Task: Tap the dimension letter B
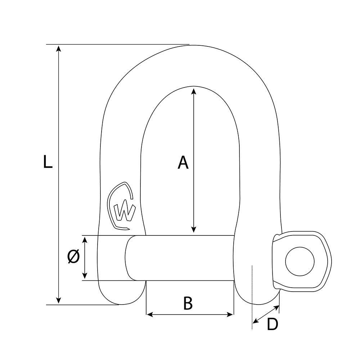coord(188,303)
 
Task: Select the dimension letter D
coord(273,324)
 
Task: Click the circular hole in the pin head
coord(300,261)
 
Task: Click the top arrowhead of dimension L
coord(59,49)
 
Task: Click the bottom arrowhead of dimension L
coord(59,300)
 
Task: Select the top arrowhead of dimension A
coord(194,90)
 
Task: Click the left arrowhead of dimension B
coord(150,314)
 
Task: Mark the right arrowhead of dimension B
coord(230,314)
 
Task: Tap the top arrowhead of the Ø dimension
coord(85,240)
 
